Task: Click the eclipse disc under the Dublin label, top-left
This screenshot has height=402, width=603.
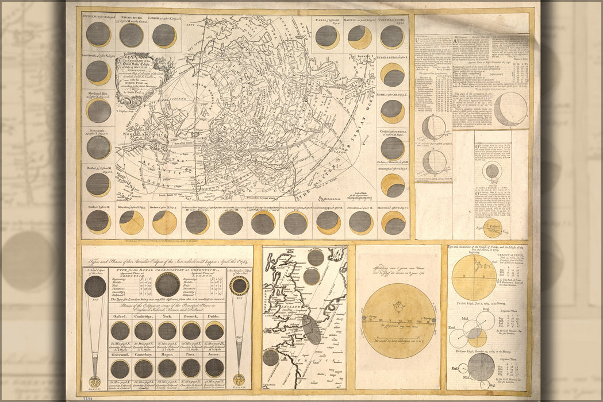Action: (x=98, y=34)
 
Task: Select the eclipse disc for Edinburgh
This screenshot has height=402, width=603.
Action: (x=132, y=35)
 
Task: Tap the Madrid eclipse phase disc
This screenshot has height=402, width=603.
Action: (x=359, y=37)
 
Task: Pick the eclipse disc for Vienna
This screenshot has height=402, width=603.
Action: (x=392, y=36)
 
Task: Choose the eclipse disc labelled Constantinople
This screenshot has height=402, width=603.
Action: (x=393, y=148)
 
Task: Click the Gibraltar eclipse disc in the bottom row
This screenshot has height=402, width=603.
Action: (x=132, y=222)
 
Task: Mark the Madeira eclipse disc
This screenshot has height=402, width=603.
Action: (x=164, y=222)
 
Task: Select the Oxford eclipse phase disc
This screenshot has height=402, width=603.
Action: (x=120, y=330)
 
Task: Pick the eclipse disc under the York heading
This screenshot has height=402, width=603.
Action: (x=167, y=330)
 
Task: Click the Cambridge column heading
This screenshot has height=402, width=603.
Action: (x=143, y=315)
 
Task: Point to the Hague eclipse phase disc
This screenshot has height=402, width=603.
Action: (x=167, y=368)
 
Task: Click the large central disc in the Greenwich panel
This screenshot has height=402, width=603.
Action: (x=167, y=284)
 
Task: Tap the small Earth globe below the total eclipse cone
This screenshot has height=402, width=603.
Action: (x=95, y=380)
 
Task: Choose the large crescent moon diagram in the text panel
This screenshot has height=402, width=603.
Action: (x=510, y=109)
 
